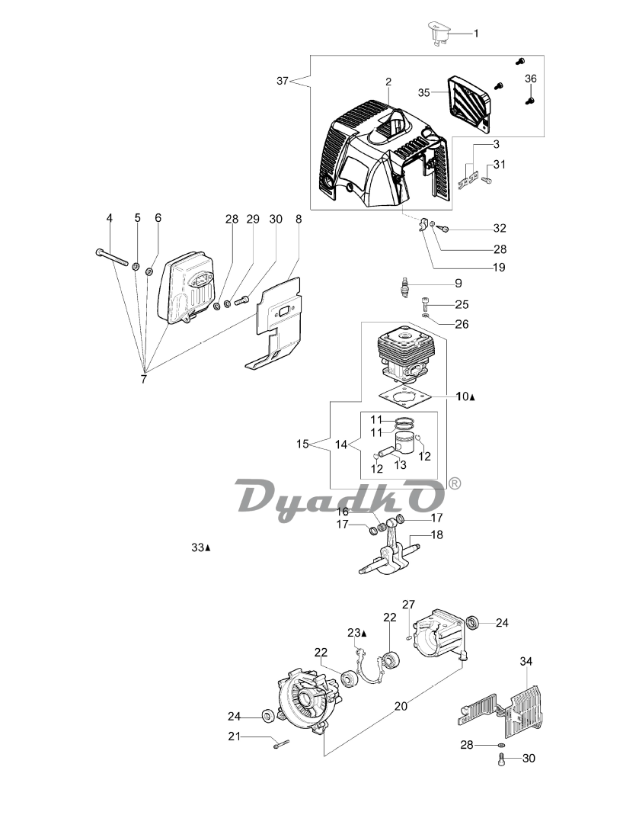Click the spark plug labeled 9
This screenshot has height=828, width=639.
405,287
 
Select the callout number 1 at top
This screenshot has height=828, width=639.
476,34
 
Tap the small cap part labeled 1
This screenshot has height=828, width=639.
439,32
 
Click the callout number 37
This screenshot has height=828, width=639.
283,81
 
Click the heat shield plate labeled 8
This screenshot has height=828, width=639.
273,323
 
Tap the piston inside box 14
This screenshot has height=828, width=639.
406,444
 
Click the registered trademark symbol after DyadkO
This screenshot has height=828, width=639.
454,483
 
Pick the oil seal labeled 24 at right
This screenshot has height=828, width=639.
472,623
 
